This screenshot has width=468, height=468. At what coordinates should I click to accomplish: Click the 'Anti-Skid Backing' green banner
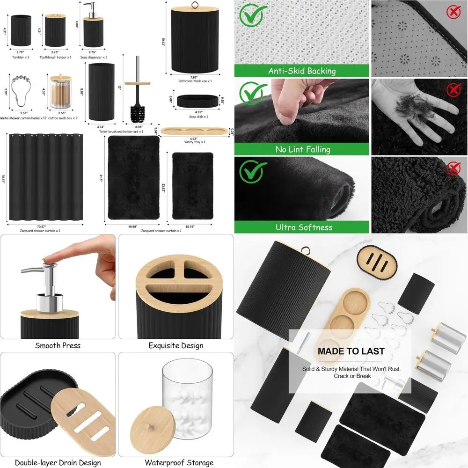pos(302,71)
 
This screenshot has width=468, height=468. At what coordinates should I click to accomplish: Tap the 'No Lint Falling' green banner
pos(302,150)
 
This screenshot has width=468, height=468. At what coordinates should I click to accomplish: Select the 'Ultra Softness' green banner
pos(302,227)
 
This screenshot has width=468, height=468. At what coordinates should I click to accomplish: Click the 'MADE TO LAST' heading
pos(351,351)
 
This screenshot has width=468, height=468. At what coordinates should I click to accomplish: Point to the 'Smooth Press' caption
pos(58,346)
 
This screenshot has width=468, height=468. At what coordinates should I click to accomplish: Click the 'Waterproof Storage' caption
pos(173,463)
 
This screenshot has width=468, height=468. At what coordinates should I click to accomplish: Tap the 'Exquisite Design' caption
pos(175,346)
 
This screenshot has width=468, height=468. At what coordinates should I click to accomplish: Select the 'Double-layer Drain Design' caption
pos(58,463)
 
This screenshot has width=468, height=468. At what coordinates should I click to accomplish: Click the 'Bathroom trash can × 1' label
pos(195,81)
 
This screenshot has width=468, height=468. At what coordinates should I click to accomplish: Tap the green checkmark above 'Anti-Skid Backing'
pos(251,15)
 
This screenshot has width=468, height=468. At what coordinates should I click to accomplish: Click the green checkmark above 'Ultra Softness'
pos(251,172)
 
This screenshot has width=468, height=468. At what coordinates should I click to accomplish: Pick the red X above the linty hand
pos(453,90)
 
